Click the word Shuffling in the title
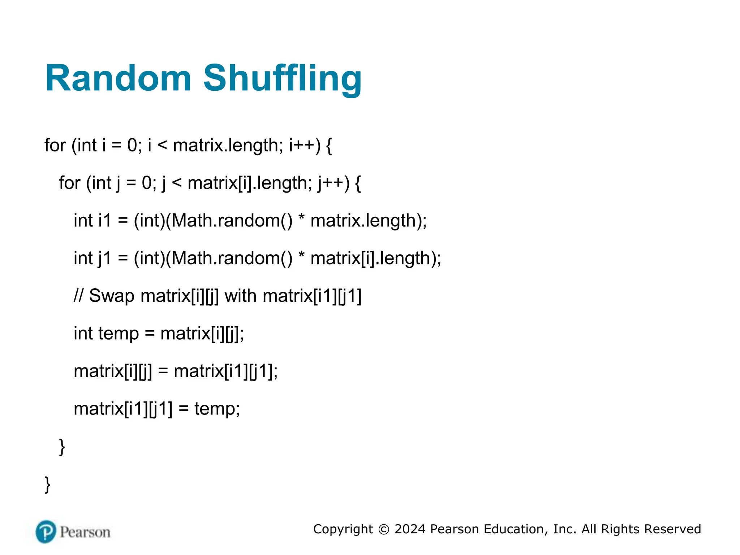pyautogui.click(x=282, y=79)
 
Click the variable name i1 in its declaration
pyautogui.click(x=104, y=220)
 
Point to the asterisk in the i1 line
pyautogui.click(x=301, y=218)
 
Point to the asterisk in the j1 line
pyautogui.click(x=301, y=255)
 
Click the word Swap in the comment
pyautogui.click(x=112, y=296)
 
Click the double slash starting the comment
pyautogui.click(x=78, y=296)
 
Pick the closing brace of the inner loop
pyautogui.click(x=62, y=447)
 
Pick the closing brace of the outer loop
pyautogui.click(x=47, y=485)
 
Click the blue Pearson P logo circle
pyautogui.click(x=46, y=532)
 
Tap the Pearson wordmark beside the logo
pyautogui.click(x=85, y=532)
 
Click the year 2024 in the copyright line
pyautogui.click(x=410, y=529)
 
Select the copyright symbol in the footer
pyautogui.click(x=383, y=529)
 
